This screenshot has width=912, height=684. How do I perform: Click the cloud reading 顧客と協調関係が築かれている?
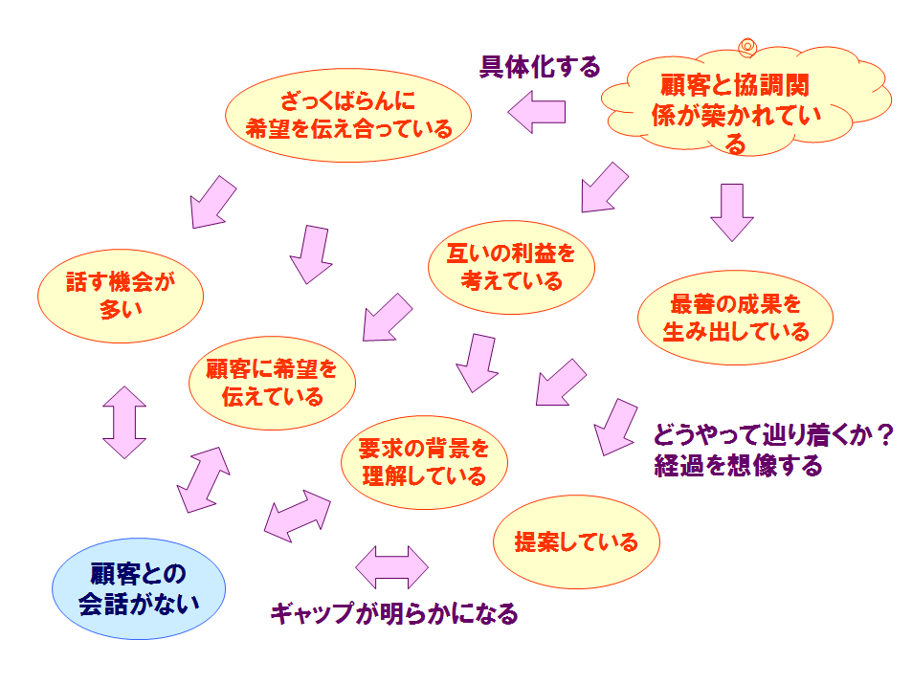[745, 103]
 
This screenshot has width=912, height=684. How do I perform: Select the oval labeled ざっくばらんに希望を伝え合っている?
[347, 115]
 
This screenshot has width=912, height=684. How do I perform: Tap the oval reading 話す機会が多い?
[121, 296]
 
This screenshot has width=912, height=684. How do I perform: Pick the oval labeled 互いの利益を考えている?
[511, 268]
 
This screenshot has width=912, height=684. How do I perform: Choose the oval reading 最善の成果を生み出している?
[735, 318]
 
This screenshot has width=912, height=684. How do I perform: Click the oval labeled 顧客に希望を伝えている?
[272, 384]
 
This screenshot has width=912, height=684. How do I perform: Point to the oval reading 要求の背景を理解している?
[424, 462]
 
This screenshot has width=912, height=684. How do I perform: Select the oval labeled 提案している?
[576, 542]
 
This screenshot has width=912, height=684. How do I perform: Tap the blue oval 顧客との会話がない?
[139, 588]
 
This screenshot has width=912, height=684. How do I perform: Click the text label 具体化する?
[540, 67]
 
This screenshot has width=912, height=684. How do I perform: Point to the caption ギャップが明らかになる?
[394, 613]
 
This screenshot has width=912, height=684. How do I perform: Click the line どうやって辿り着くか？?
[773, 434]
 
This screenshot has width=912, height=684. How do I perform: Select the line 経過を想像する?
[738, 465]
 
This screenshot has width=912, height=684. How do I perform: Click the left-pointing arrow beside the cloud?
[536, 112]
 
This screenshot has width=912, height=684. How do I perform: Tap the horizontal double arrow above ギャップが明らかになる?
[391, 567]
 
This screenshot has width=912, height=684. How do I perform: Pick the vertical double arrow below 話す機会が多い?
[123, 422]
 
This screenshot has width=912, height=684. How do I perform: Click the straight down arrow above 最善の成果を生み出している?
[732, 212]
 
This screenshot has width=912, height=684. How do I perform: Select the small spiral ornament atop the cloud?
[747, 47]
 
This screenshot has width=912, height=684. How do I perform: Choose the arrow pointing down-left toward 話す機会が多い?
[212, 203]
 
